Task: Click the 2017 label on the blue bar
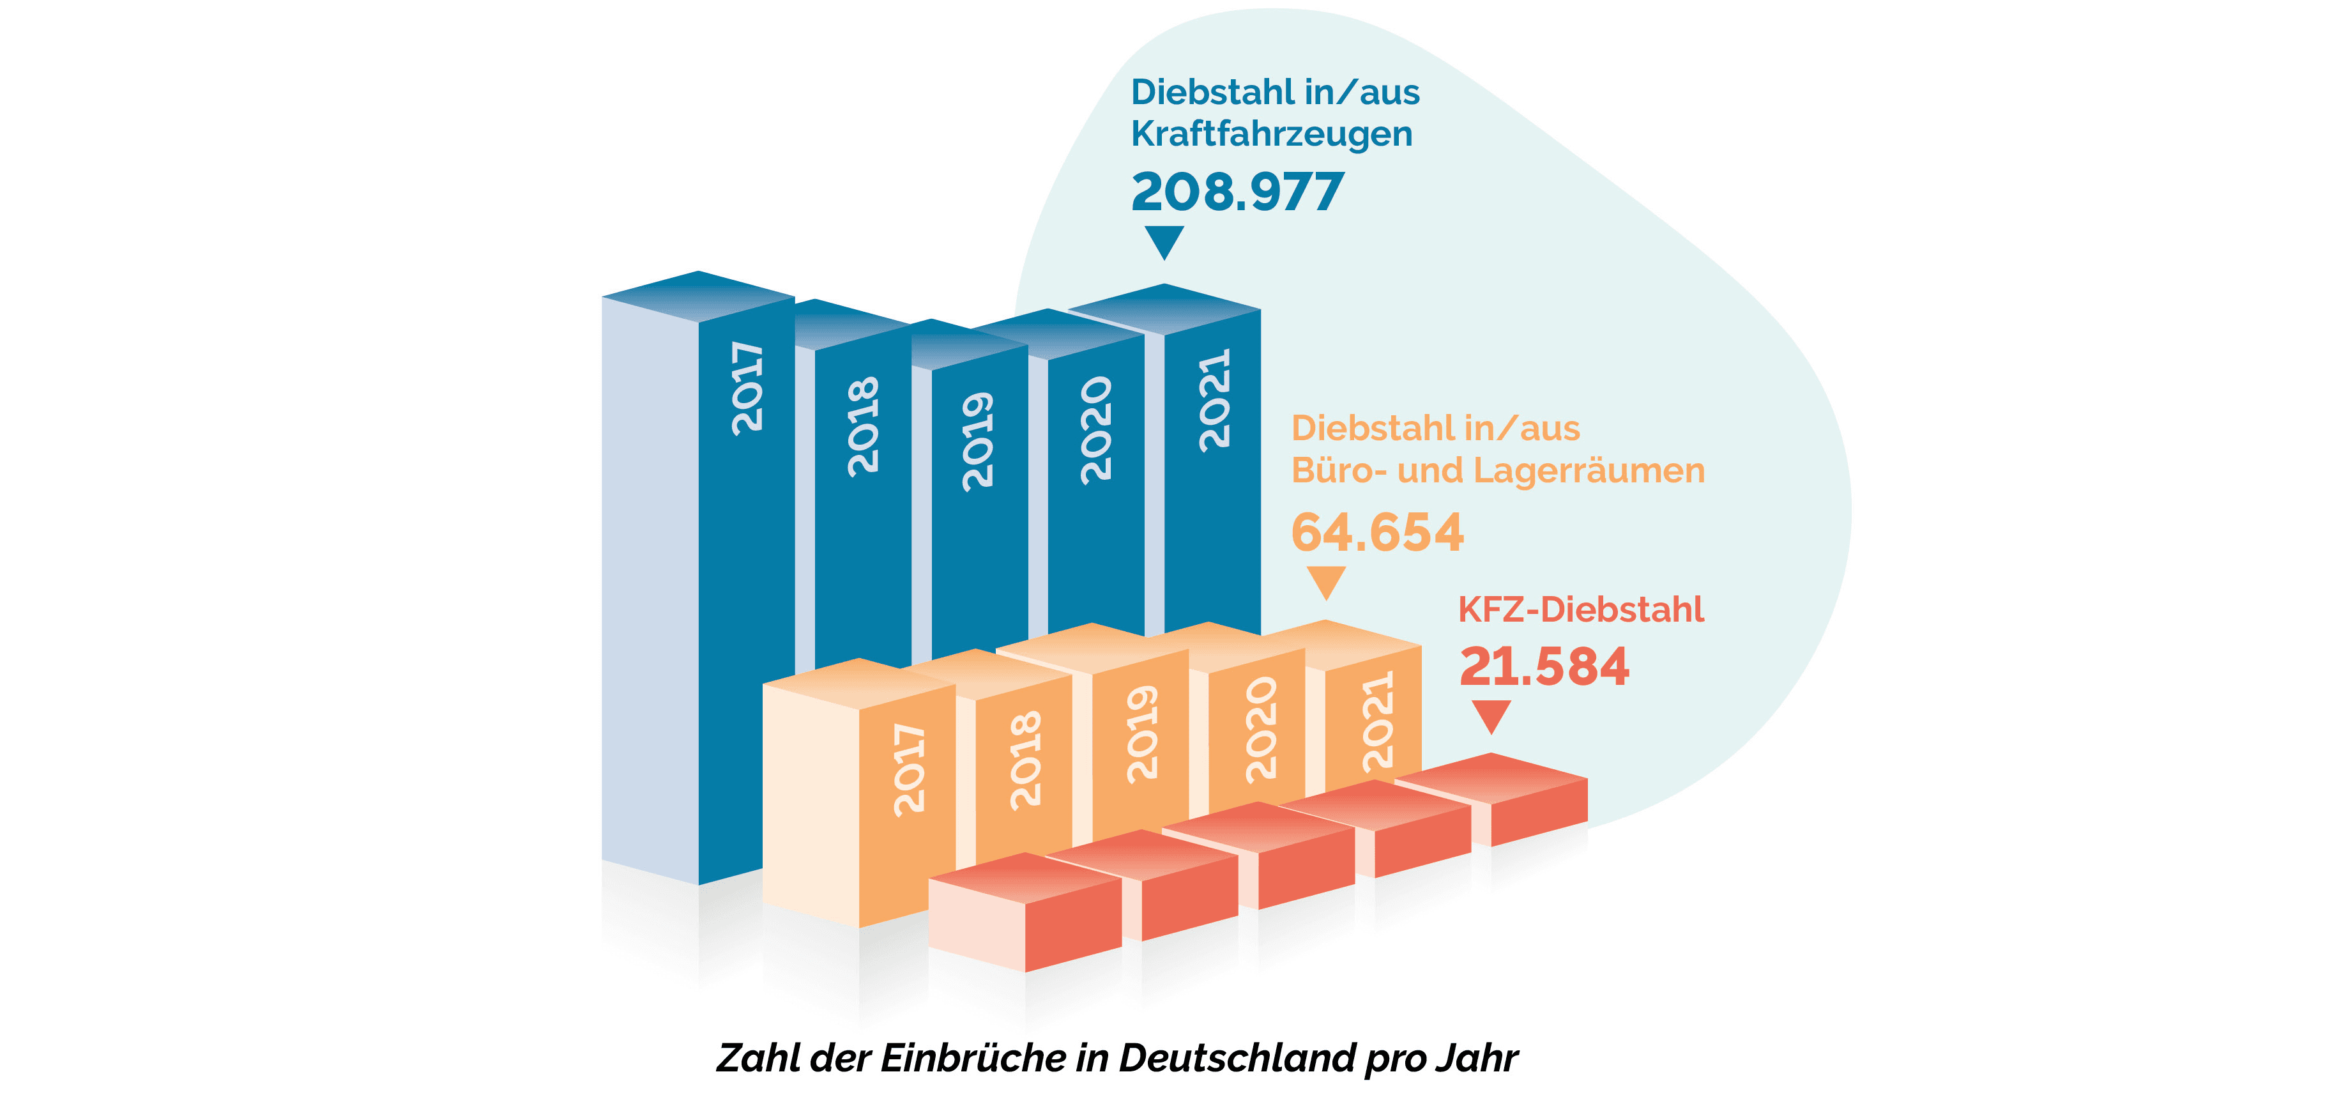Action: coord(747,388)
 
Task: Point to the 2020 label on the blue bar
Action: coord(1095,431)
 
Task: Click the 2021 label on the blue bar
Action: coord(1214,399)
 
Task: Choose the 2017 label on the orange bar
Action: coord(909,770)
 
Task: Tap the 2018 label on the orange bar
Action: coord(1025,760)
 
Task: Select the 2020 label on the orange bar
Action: coord(1260,730)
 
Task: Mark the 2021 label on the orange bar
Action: coord(1377,721)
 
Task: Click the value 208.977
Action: coord(1237,192)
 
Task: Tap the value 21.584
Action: coord(1543,667)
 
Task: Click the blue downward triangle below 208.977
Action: coord(1164,241)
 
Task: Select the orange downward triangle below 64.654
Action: coord(1326,581)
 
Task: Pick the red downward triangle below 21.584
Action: coord(1491,716)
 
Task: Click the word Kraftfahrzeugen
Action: coord(1272,134)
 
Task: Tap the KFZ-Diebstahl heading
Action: coord(1580,609)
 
